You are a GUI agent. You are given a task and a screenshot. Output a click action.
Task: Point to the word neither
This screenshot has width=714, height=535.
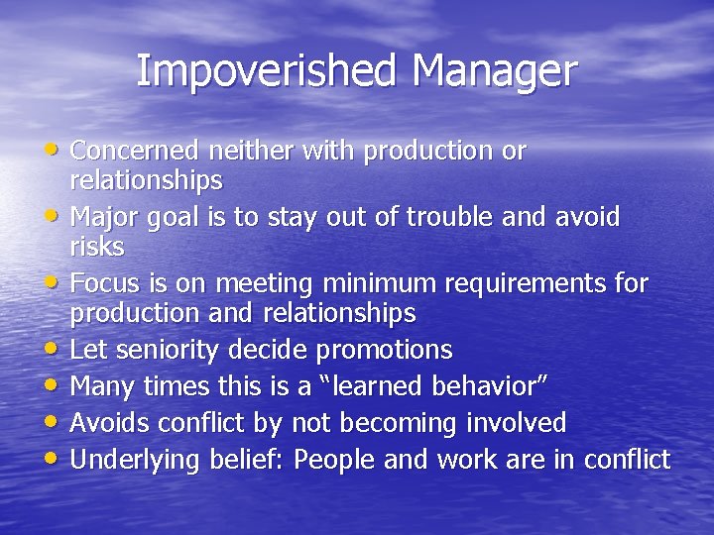(x=247, y=151)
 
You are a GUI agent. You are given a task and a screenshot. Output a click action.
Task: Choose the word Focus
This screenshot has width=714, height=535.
(x=105, y=284)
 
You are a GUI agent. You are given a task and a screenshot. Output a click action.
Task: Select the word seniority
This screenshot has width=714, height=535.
(x=168, y=351)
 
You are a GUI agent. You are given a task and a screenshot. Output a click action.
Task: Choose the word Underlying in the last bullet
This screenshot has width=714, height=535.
(x=138, y=461)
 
